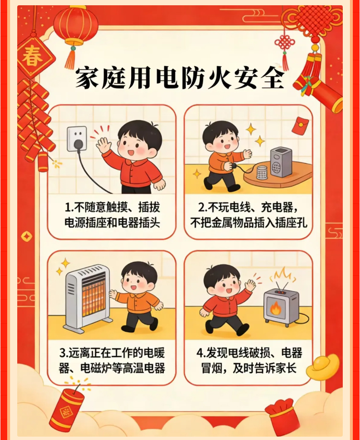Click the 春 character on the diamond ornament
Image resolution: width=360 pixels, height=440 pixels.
pyautogui.click(x=33, y=56)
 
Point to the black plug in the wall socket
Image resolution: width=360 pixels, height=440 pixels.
pyautogui.click(x=79, y=145)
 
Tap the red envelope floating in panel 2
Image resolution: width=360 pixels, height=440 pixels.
pyautogui.click(x=300, y=126)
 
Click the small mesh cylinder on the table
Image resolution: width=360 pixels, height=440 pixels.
pyautogui.click(x=263, y=172)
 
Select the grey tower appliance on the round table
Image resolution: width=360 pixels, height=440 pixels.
pyautogui.click(x=281, y=162)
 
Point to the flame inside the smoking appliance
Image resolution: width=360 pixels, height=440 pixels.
pyautogui.click(x=276, y=308)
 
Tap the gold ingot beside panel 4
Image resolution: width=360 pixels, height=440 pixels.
pyautogui.click(x=322, y=366)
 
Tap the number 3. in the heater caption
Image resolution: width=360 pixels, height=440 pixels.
pyautogui.click(x=64, y=353)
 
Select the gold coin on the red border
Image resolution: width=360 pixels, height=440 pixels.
pyautogui.click(x=27, y=236)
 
